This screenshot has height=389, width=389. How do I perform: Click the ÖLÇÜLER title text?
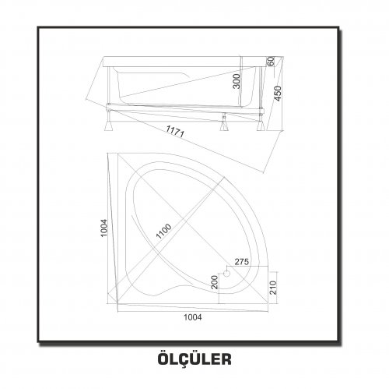pyautogui.click(x=194, y=359)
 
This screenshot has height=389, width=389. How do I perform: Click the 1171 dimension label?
pyautogui.click(x=175, y=132)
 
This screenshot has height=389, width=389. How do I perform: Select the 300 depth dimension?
pyautogui.click(x=237, y=81)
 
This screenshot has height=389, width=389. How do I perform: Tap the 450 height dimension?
pyautogui.click(x=277, y=94)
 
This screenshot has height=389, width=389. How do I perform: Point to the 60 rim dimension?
pyautogui.click(x=270, y=62)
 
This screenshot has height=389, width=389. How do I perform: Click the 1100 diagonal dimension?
pyautogui.click(x=163, y=231)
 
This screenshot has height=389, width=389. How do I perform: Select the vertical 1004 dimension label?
pyautogui.click(x=104, y=228)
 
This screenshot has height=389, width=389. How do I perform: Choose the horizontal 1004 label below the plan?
pyautogui.click(x=193, y=317)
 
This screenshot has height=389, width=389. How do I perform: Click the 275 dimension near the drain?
pyautogui.click(x=242, y=262)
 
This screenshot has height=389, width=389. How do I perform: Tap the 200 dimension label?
pyautogui.click(x=215, y=282)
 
